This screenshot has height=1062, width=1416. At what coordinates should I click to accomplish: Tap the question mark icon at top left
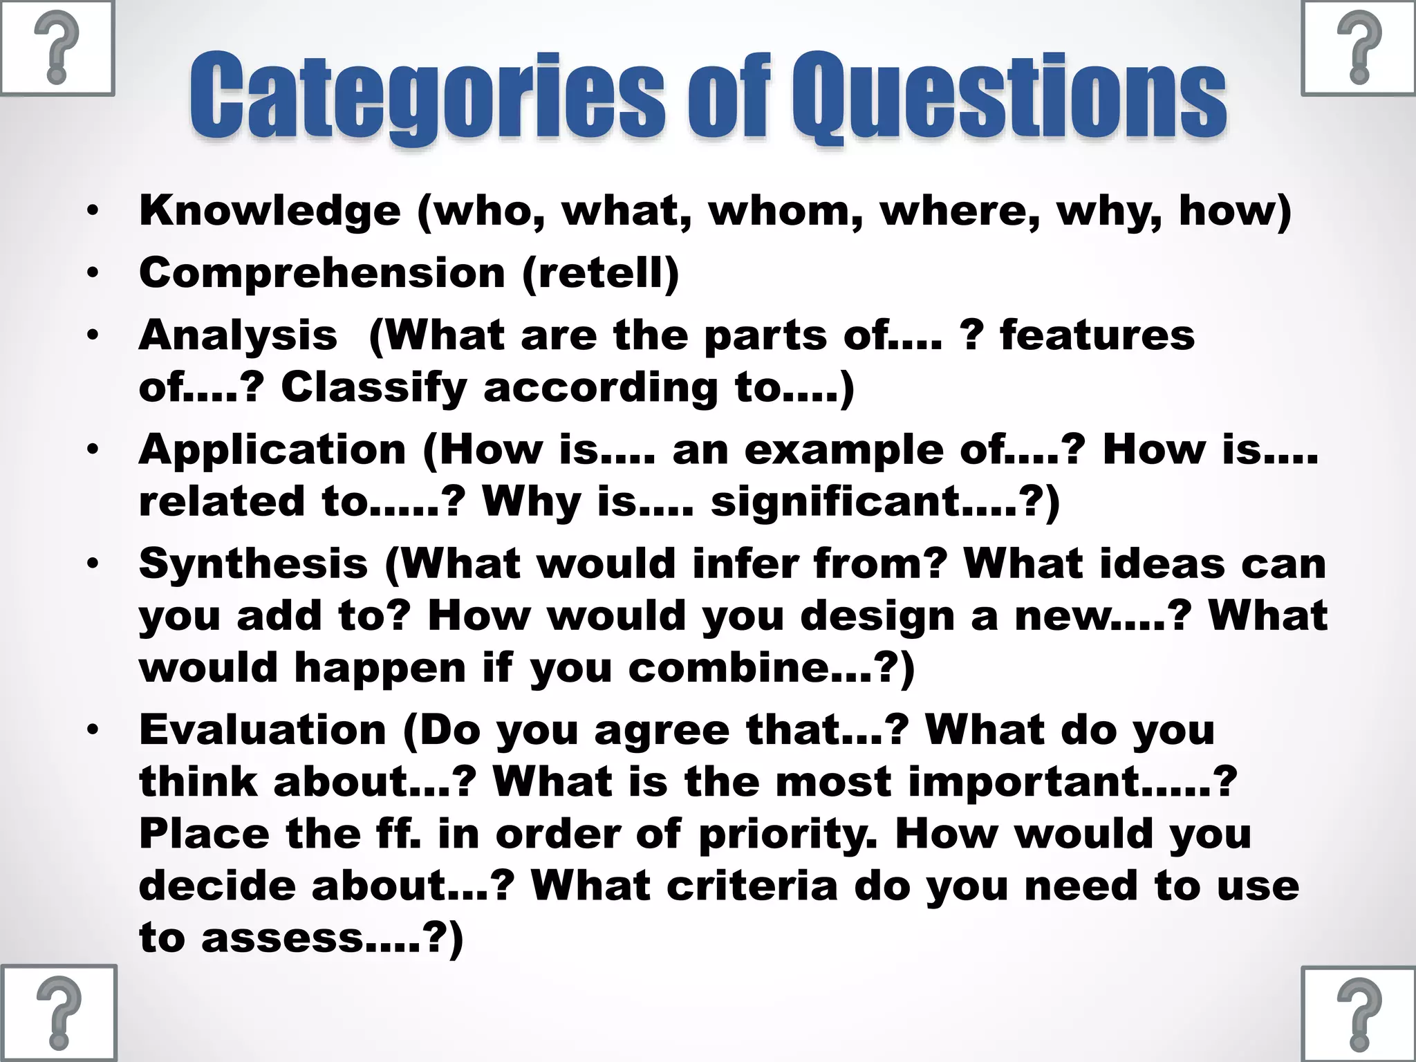(x=57, y=48)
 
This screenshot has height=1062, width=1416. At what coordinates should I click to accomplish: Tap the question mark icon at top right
(x=1359, y=48)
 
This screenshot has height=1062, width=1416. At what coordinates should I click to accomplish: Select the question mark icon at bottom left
(x=58, y=1013)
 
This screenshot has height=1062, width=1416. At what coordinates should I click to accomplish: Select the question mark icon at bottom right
(x=1359, y=1014)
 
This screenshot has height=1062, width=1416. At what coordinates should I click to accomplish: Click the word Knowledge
(x=270, y=211)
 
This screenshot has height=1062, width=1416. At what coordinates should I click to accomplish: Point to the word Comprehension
(x=322, y=273)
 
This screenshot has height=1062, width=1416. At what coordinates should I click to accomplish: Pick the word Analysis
(x=238, y=335)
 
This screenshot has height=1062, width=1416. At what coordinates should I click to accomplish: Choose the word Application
(x=272, y=450)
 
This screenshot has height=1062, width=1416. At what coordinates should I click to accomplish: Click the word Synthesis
(x=253, y=564)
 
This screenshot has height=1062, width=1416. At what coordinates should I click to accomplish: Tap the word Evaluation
(x=263, y=730)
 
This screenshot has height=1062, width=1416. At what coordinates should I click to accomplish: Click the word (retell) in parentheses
(x=600, y=273)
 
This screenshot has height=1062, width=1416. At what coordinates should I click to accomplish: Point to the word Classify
(x=374, y=388)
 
